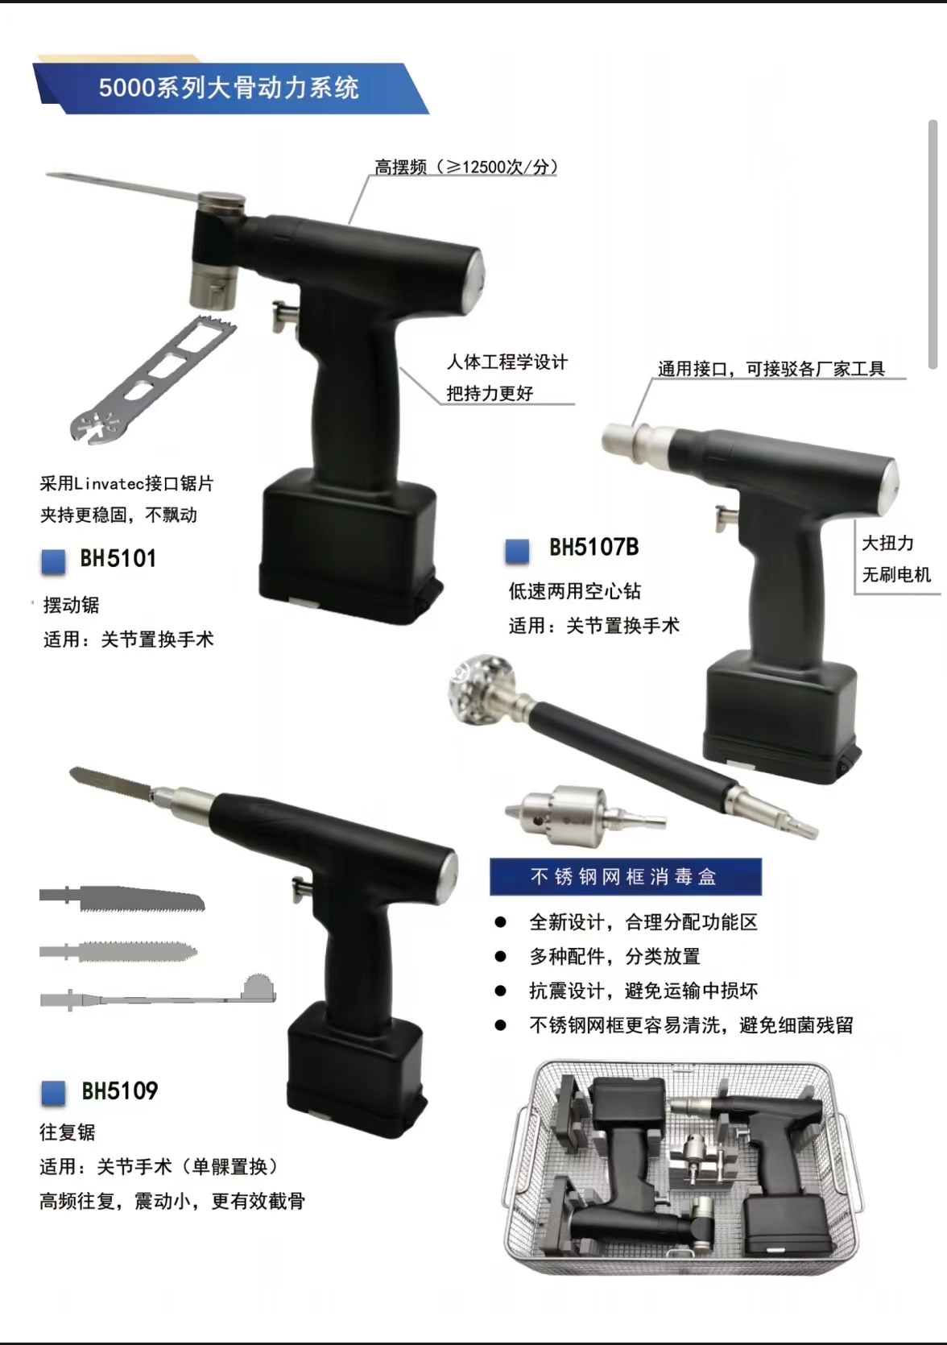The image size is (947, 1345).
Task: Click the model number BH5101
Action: point(118,558)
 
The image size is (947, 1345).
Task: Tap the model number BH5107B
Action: point(594,547)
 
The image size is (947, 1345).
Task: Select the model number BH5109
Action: point(120,1091)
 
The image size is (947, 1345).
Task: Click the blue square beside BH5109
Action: point(53,1093)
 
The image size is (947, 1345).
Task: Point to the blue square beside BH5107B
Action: point(517,551)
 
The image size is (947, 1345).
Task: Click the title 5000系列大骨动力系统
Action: point(229,89)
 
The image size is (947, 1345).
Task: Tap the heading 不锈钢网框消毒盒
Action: point(624,877)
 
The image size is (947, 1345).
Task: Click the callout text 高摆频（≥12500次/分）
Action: point(466,167)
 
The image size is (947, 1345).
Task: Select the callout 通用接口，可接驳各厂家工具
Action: point(771,368)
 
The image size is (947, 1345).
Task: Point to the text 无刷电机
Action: point(896,574)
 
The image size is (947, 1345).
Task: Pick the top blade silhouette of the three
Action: point(122,898)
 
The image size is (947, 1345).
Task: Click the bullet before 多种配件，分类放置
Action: point(500,956)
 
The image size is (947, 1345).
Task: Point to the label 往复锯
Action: point(68,1132)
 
